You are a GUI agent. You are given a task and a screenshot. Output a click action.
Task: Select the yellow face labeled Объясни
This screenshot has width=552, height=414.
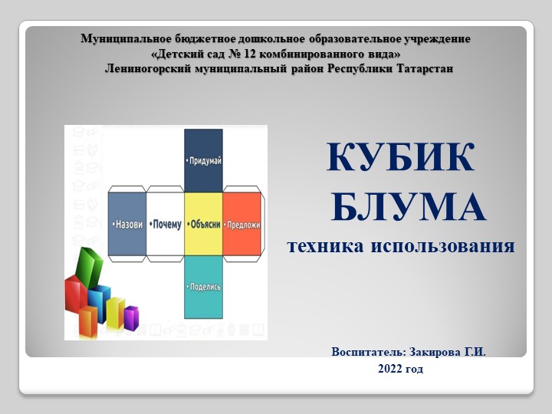[203, 224]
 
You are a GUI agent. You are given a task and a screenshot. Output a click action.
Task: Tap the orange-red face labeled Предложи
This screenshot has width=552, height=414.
[243, 224]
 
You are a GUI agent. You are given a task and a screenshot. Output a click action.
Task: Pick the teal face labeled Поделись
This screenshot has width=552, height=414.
[203, 286]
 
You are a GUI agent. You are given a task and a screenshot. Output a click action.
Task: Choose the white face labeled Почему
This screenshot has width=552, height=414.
[165, 224]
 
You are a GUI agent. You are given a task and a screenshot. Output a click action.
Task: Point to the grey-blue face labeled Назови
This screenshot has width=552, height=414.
[126, 224]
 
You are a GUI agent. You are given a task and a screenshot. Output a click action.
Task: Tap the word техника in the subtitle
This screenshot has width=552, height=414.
[325, 247]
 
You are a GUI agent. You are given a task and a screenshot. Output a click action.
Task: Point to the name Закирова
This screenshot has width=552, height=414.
[429, 352]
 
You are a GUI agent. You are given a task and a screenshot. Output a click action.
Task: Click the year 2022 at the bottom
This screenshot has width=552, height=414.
[390, 369]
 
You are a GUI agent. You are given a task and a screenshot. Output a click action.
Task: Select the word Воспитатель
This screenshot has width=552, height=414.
[365, 352]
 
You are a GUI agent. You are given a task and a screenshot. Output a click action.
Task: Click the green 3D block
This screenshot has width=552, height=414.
[90, 265]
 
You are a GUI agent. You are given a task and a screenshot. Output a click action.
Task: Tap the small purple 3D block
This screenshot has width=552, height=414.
[131, 317]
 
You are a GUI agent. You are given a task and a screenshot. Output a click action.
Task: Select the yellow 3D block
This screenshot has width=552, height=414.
[116, 310]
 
